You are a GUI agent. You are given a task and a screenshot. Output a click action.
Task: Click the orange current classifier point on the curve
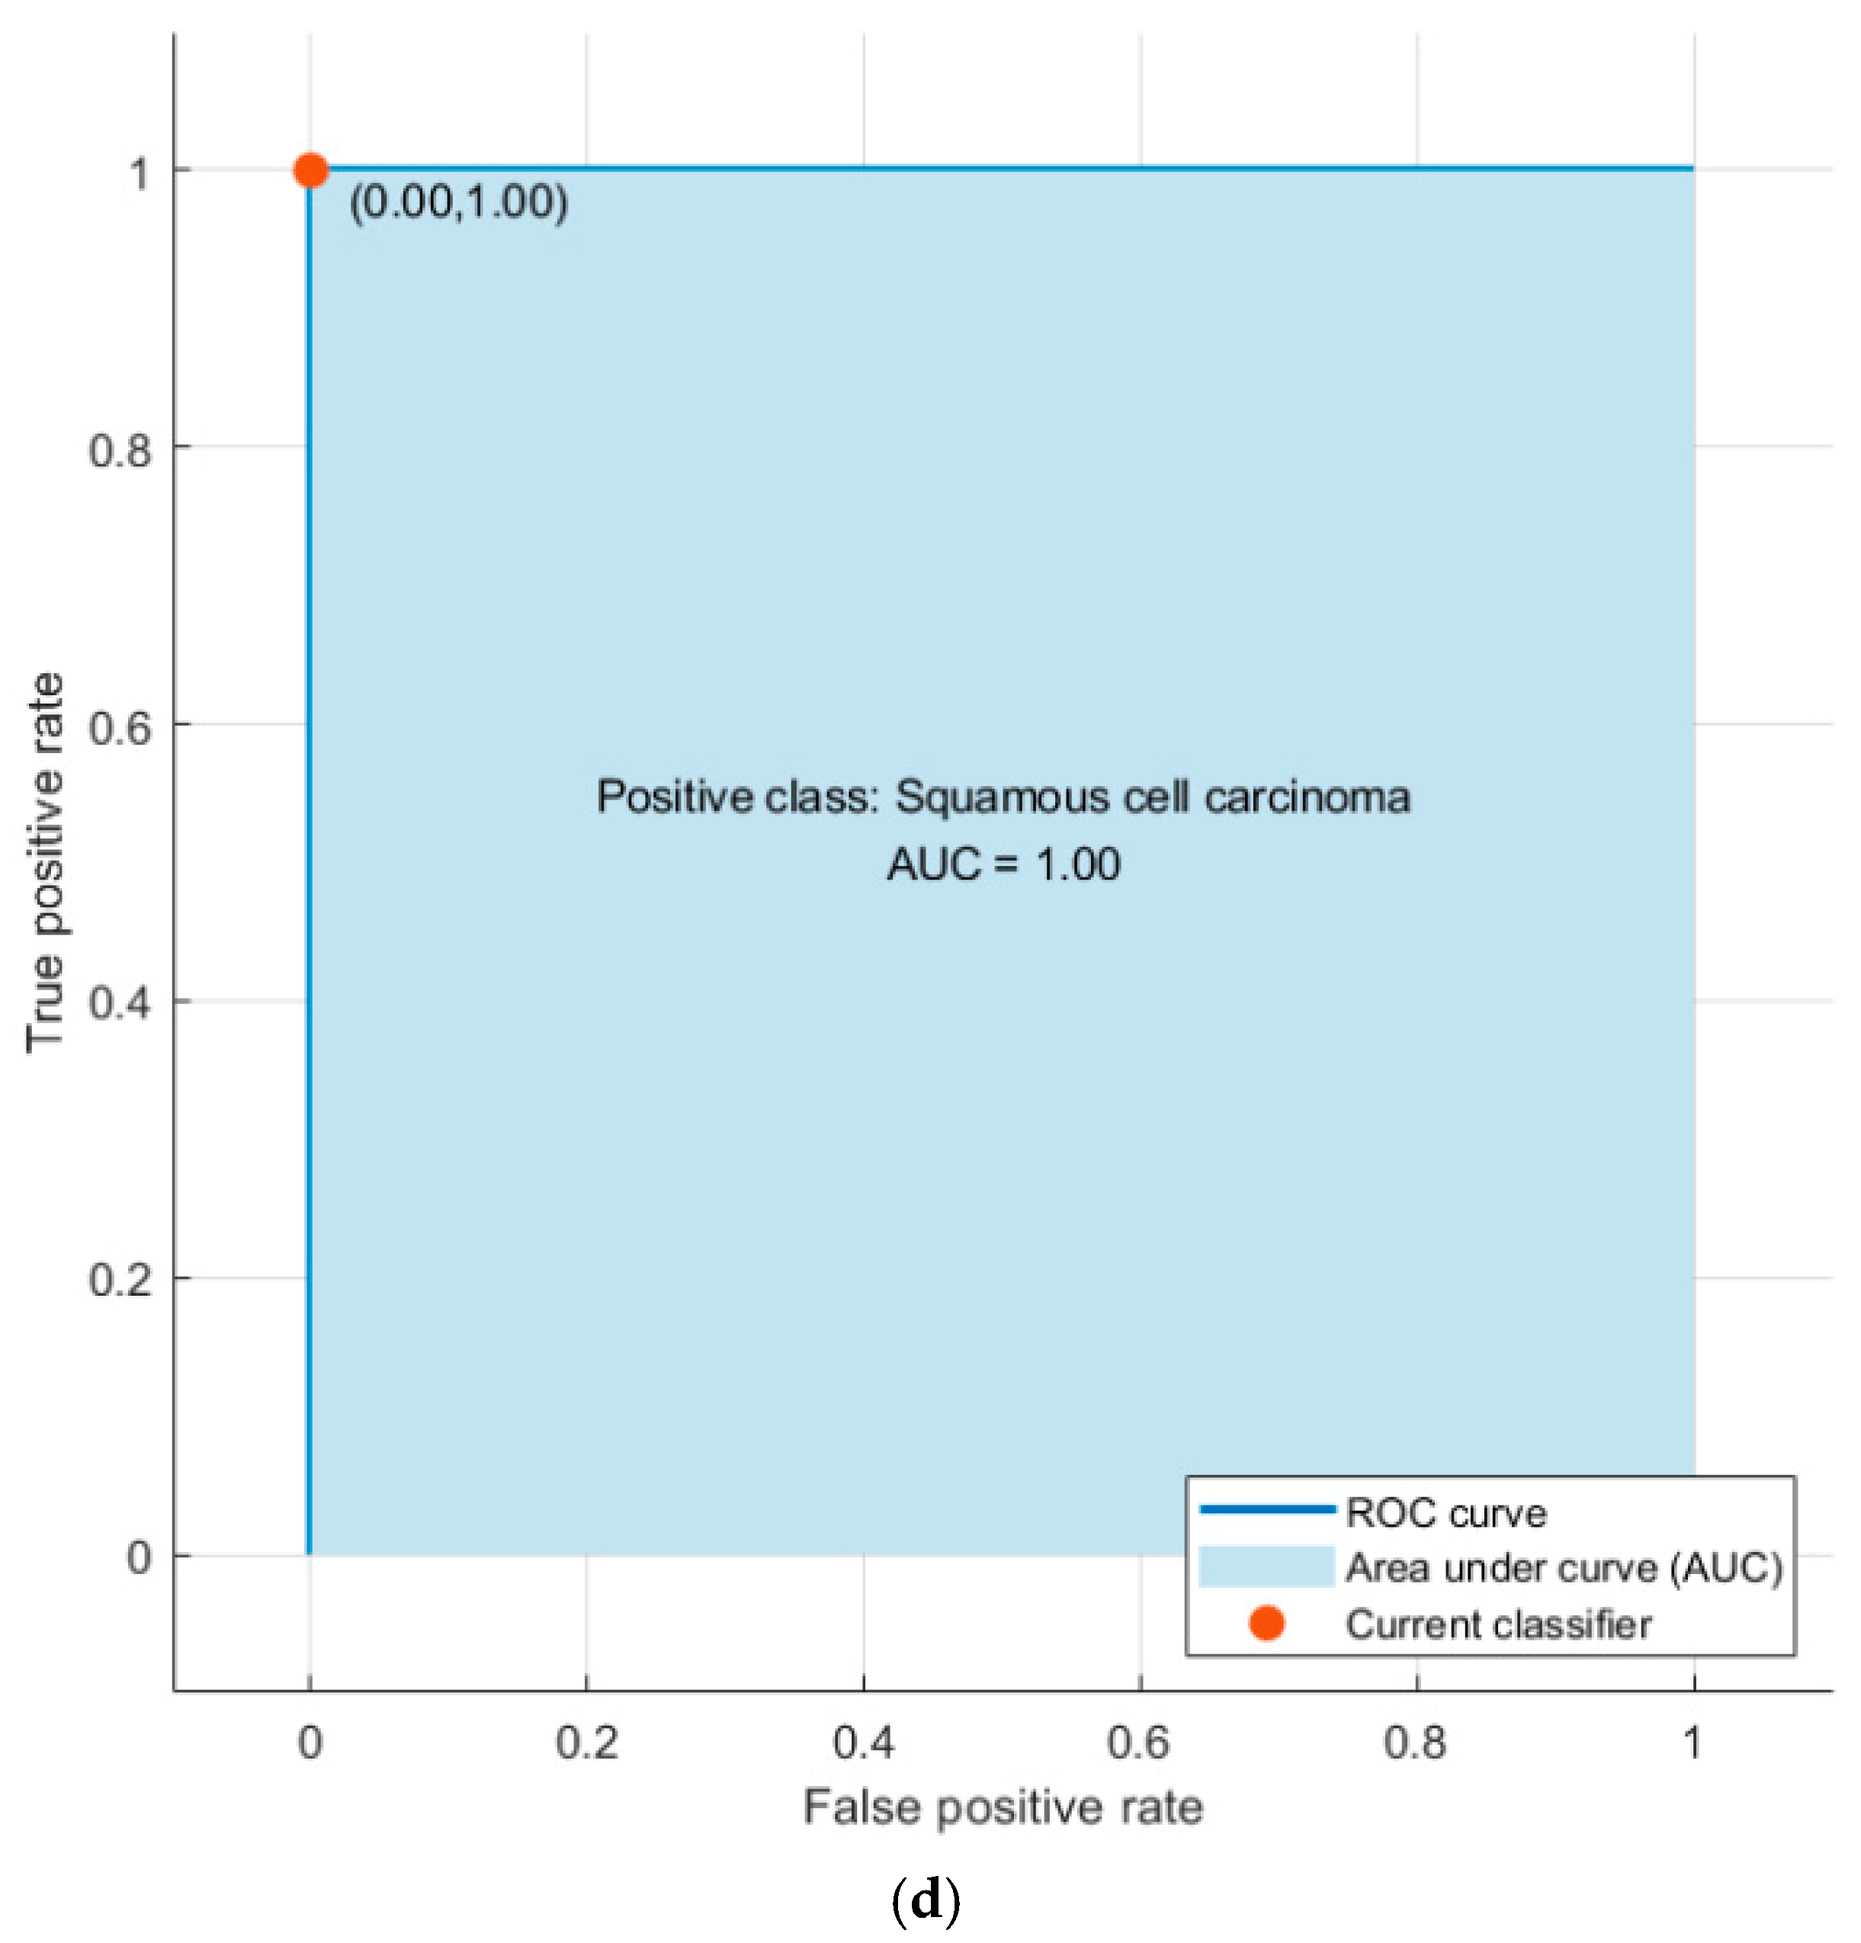pos(310,171)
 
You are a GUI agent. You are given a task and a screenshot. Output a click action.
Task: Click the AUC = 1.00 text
pos(1003,864)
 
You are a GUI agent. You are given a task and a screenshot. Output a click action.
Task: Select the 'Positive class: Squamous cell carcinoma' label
pos(1003,797)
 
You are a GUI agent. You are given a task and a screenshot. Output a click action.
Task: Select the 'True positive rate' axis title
pos(46,862)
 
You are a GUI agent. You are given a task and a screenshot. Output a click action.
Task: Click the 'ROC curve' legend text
pos(1445,1514)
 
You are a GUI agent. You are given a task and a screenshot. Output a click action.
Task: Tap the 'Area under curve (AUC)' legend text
pos(1564,1568)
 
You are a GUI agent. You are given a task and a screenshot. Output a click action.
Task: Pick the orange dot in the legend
pos(1266,1624)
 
